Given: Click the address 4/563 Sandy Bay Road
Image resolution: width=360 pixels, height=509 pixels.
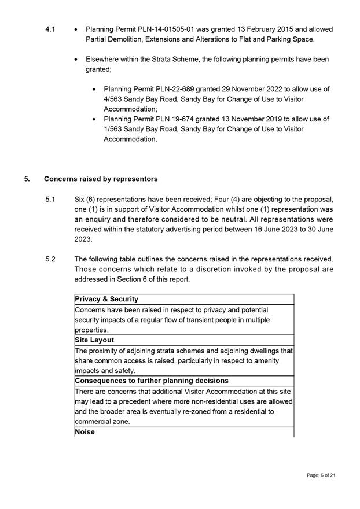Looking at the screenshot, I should [x=142, y=99].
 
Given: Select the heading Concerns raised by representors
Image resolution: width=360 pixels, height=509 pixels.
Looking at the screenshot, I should [x=101, y=179].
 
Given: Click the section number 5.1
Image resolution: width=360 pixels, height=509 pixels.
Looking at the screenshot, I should [x=50, y=200].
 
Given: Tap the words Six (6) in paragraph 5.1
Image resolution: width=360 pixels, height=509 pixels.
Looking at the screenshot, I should [x=86, y=200].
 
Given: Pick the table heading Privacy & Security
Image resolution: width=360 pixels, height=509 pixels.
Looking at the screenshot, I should [x=107, y=299].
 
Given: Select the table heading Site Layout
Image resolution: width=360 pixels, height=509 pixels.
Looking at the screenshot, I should [x=95, y=340].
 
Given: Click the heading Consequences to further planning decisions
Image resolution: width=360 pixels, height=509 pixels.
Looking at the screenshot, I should [x=152, y=381].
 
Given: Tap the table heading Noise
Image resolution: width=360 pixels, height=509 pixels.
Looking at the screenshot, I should [x=85, y=432].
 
